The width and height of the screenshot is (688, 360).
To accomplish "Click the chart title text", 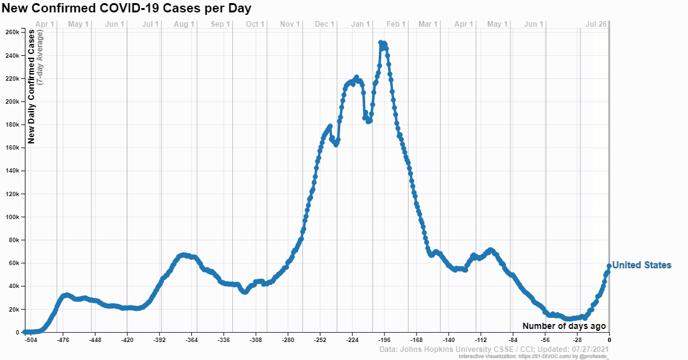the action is click(x=127, y=8).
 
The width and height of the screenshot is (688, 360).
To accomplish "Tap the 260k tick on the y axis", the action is click(x=12, y=32).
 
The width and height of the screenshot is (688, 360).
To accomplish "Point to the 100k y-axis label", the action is click(x=12, y=217).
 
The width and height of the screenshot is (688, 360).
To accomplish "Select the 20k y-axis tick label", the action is click(x=13, y=310).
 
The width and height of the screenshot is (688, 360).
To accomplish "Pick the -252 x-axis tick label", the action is click(x=320, y=340).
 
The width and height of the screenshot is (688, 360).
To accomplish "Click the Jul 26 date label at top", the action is click(x=596, y=24).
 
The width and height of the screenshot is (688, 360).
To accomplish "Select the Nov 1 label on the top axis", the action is click(x=289, y=24).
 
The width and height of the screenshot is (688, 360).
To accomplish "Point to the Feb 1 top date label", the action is click(x=396, y=24).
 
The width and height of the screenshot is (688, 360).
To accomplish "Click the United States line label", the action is click(x=641, y=265).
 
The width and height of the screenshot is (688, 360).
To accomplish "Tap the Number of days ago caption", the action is click(x=564, y=326).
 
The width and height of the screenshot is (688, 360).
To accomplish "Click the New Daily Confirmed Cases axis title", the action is click(x=31, y=86).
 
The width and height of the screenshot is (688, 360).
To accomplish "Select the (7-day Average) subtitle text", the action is click(x=40, y=57).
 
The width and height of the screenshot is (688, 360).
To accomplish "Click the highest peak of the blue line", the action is click(x=381, y=43).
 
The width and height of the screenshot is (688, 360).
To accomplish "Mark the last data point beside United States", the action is click(x=609, y=266).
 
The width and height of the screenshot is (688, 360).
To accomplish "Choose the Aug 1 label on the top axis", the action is click(x=184, y=24).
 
